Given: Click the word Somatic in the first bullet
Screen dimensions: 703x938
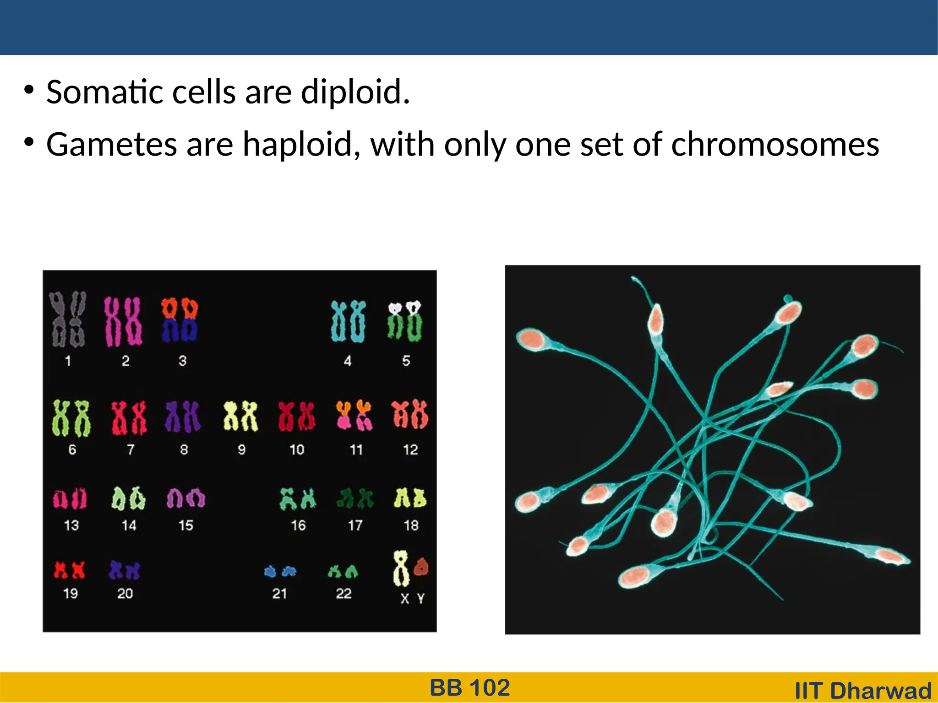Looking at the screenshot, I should [x=105, y=92].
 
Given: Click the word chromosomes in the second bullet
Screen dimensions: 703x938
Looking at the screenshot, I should [x=775, y=145].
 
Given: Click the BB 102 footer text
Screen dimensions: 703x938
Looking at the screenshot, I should [x=469, y=688].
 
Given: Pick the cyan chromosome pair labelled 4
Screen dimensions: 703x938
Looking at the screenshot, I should [x=348, y=321].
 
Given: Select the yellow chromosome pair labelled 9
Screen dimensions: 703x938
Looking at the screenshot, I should [x=240, y=416].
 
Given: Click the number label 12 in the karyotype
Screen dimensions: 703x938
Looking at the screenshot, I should [x=410, y=450].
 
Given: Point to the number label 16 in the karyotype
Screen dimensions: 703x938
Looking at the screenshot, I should [x=298, y=525].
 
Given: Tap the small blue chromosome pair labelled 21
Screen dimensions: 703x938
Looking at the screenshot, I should [x=280, y=571].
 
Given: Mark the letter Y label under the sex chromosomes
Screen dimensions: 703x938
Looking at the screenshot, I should [x=421, y=598].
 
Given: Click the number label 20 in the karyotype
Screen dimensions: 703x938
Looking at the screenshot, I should [x=125, y=594].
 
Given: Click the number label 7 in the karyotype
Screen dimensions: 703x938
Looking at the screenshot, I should [x=131, y=450].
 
